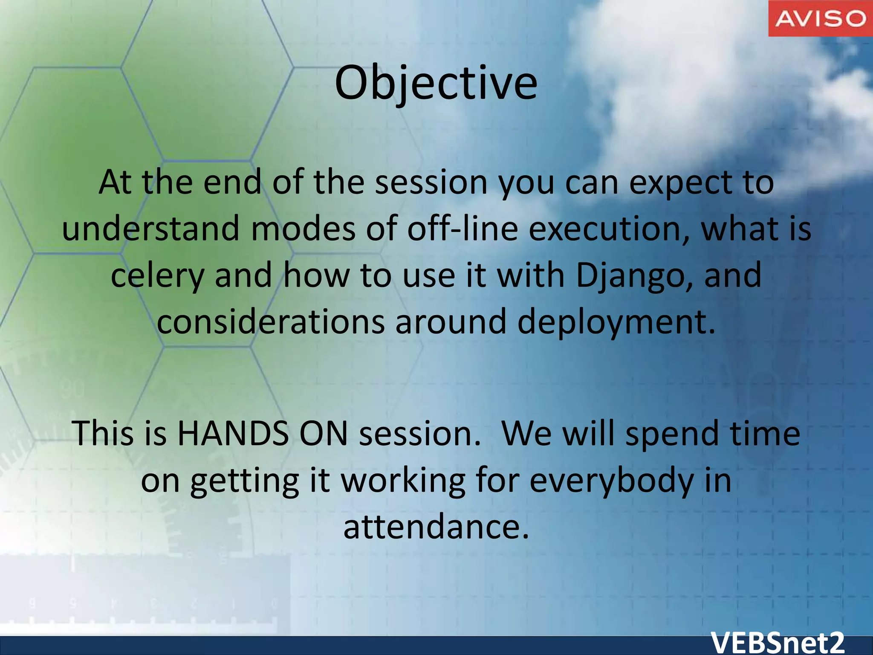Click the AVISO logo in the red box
pyautogui.click(x=821, y=18)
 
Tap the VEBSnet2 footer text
pyautogui.click(x=778, y=643)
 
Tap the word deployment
pyautogui.click(x=616, y=322)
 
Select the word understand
pyautogui.click(x=151, y=229)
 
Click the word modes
pyautogui.click(x=303, y=229)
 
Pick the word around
pyautogui.click(x=451, y=322)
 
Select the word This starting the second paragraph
pyautogui.click(x=102, y=433)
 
